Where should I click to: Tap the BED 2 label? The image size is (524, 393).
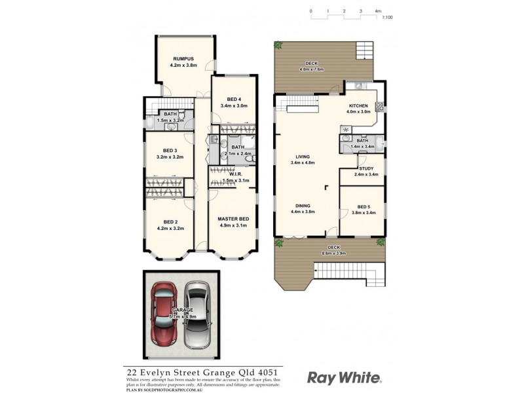click(170, 222)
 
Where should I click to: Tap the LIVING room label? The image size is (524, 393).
click(302, 157)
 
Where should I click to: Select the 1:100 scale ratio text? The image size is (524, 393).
click(387, 18)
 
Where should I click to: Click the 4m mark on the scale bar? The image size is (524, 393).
click(378, 11)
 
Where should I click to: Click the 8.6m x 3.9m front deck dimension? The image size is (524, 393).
click(334, 253)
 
